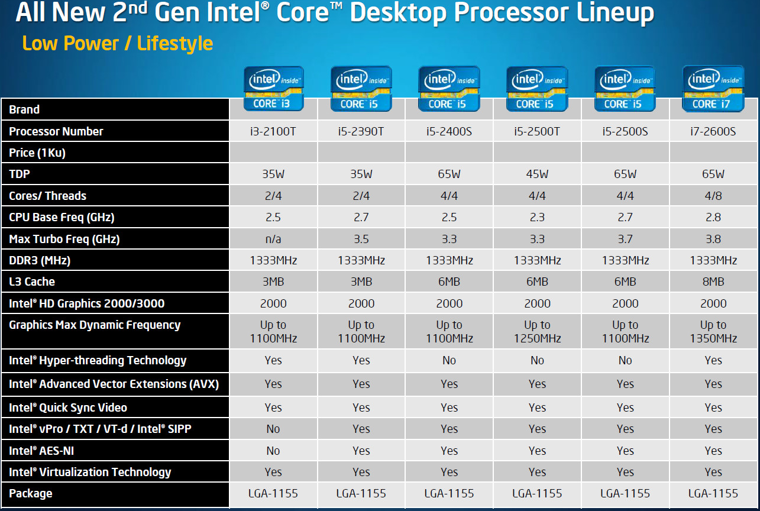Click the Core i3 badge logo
pos(273,89)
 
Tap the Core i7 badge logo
pos(713,89)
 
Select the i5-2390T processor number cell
pos(361,131)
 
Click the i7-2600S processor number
pos(713,131)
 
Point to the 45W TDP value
pos(537,174)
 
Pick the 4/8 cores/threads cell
pos(713,196)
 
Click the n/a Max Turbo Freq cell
pos(273,239)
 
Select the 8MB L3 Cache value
pos(713,282)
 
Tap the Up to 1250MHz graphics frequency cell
pos(537,332)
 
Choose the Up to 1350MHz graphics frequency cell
pos(713,332)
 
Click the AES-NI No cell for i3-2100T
pos(273,451)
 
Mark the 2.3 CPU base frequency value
pos(537,217)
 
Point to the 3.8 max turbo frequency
pos(713,239)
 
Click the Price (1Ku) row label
pos(37,153)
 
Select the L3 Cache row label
pos(32,282)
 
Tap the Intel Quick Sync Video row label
pos(68,407)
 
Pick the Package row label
pos(31,493)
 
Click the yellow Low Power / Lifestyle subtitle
pos(117,43)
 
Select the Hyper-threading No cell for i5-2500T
pos(537,360)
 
